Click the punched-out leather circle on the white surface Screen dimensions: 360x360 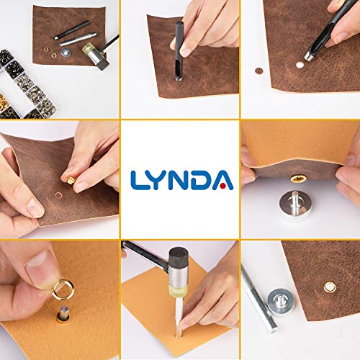(259, 71)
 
